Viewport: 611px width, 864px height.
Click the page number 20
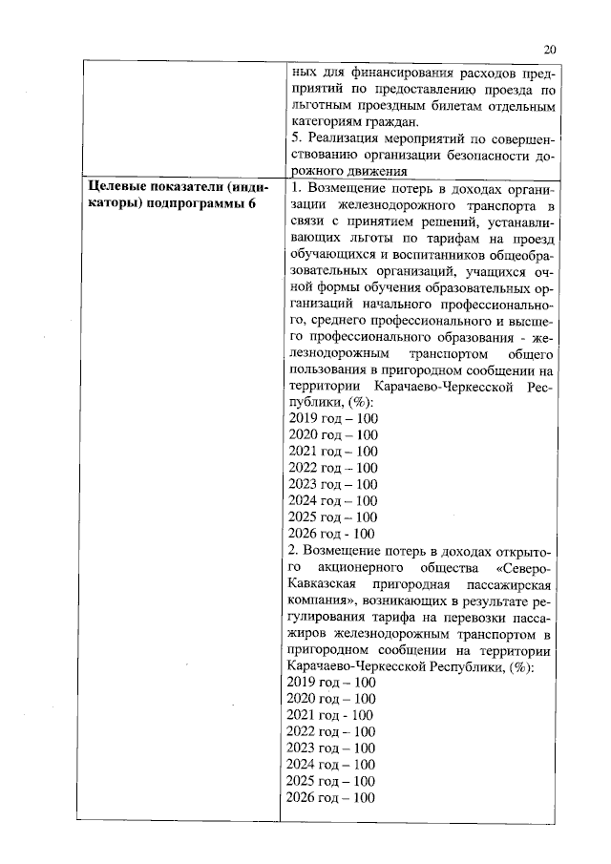pos(550,51)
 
